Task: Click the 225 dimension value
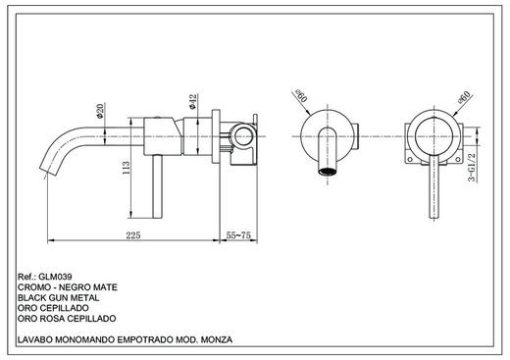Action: click(x=134, y=235)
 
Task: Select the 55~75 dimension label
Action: click(x=242, y=235)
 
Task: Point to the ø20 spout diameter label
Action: click(x=101, y=110)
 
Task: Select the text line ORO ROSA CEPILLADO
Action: click(x=65, y=319)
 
